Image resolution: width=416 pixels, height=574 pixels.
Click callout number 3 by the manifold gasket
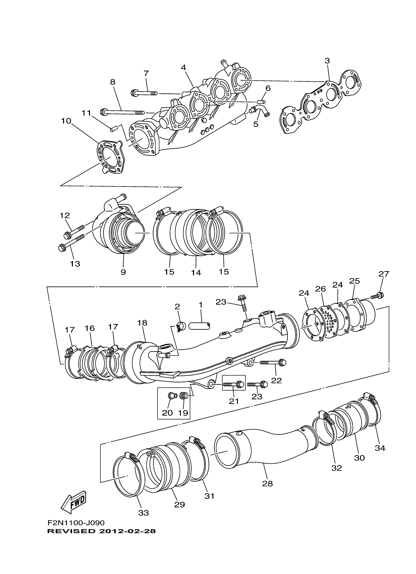[327, 61]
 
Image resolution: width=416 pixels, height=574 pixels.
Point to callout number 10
[66, 121]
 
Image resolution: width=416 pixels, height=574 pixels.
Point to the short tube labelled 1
[200, 326]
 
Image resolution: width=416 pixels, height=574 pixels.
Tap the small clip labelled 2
[182, 326]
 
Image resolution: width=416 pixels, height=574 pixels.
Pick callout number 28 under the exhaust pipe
[267, 484]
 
